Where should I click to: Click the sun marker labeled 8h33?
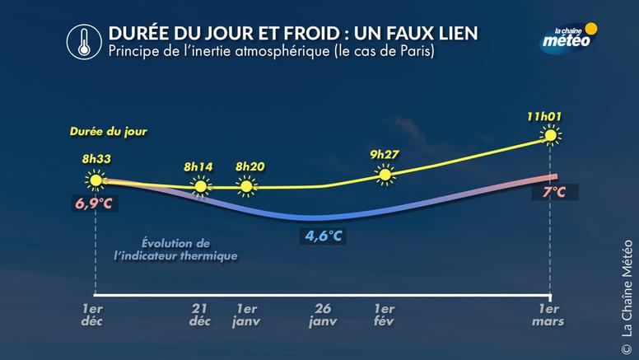tap(96, 180)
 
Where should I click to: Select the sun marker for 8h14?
tap(199, 187)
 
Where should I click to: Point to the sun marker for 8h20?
tap(245, 186)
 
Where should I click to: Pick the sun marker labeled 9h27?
tap(385, 173)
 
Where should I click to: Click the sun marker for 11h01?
tap(550, 136)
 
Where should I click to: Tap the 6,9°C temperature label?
tap(96, 202)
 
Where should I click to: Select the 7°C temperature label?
tap(553, 192)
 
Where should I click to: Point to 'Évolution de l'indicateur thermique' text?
tap(175, 250)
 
